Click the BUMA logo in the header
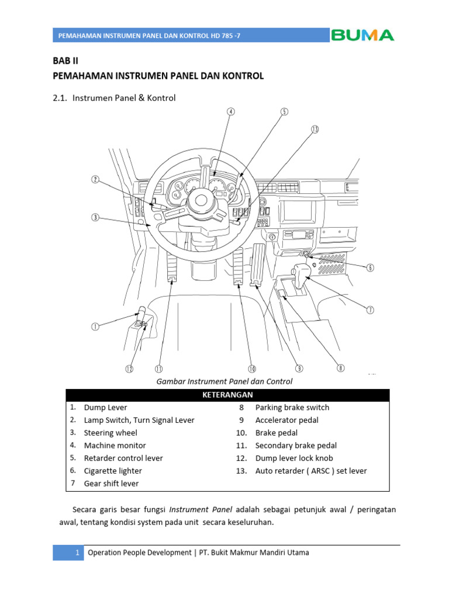362,35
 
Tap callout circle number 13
315,130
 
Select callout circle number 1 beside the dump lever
95,327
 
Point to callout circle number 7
370,310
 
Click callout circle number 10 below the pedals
252,368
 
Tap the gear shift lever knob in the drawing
302,273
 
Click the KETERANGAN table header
227,395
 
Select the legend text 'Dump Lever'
105,408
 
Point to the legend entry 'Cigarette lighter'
113,471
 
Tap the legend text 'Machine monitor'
112,446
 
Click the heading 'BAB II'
65,61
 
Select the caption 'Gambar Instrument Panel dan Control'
224,381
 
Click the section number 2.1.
60,98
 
